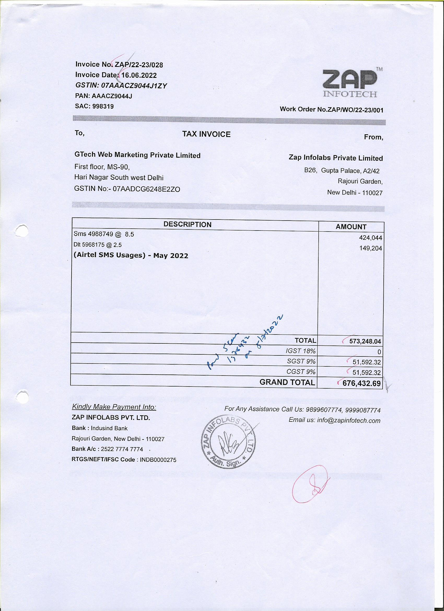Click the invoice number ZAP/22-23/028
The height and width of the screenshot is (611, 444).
(139, 65)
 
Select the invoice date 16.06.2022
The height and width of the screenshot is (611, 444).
(139, 75)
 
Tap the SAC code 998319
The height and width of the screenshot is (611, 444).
(103, 106)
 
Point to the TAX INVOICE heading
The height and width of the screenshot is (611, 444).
(206, 134)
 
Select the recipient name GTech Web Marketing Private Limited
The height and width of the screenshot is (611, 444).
(137, 155)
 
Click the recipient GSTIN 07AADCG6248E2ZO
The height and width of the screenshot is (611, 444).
(147, 189)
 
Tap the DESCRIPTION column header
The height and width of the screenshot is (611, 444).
(188, 224)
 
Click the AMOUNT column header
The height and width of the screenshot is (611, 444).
(351, 227)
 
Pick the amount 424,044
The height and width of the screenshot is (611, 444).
(371, 238)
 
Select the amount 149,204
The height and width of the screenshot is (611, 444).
(371, 248)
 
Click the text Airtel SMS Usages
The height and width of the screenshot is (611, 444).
(110, 255)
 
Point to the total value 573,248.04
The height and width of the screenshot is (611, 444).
(365, 341)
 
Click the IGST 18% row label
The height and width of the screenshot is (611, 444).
(301, 351)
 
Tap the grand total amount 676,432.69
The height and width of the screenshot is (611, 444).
(361, 383)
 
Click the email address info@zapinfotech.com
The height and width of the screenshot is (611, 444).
(349, 420)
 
